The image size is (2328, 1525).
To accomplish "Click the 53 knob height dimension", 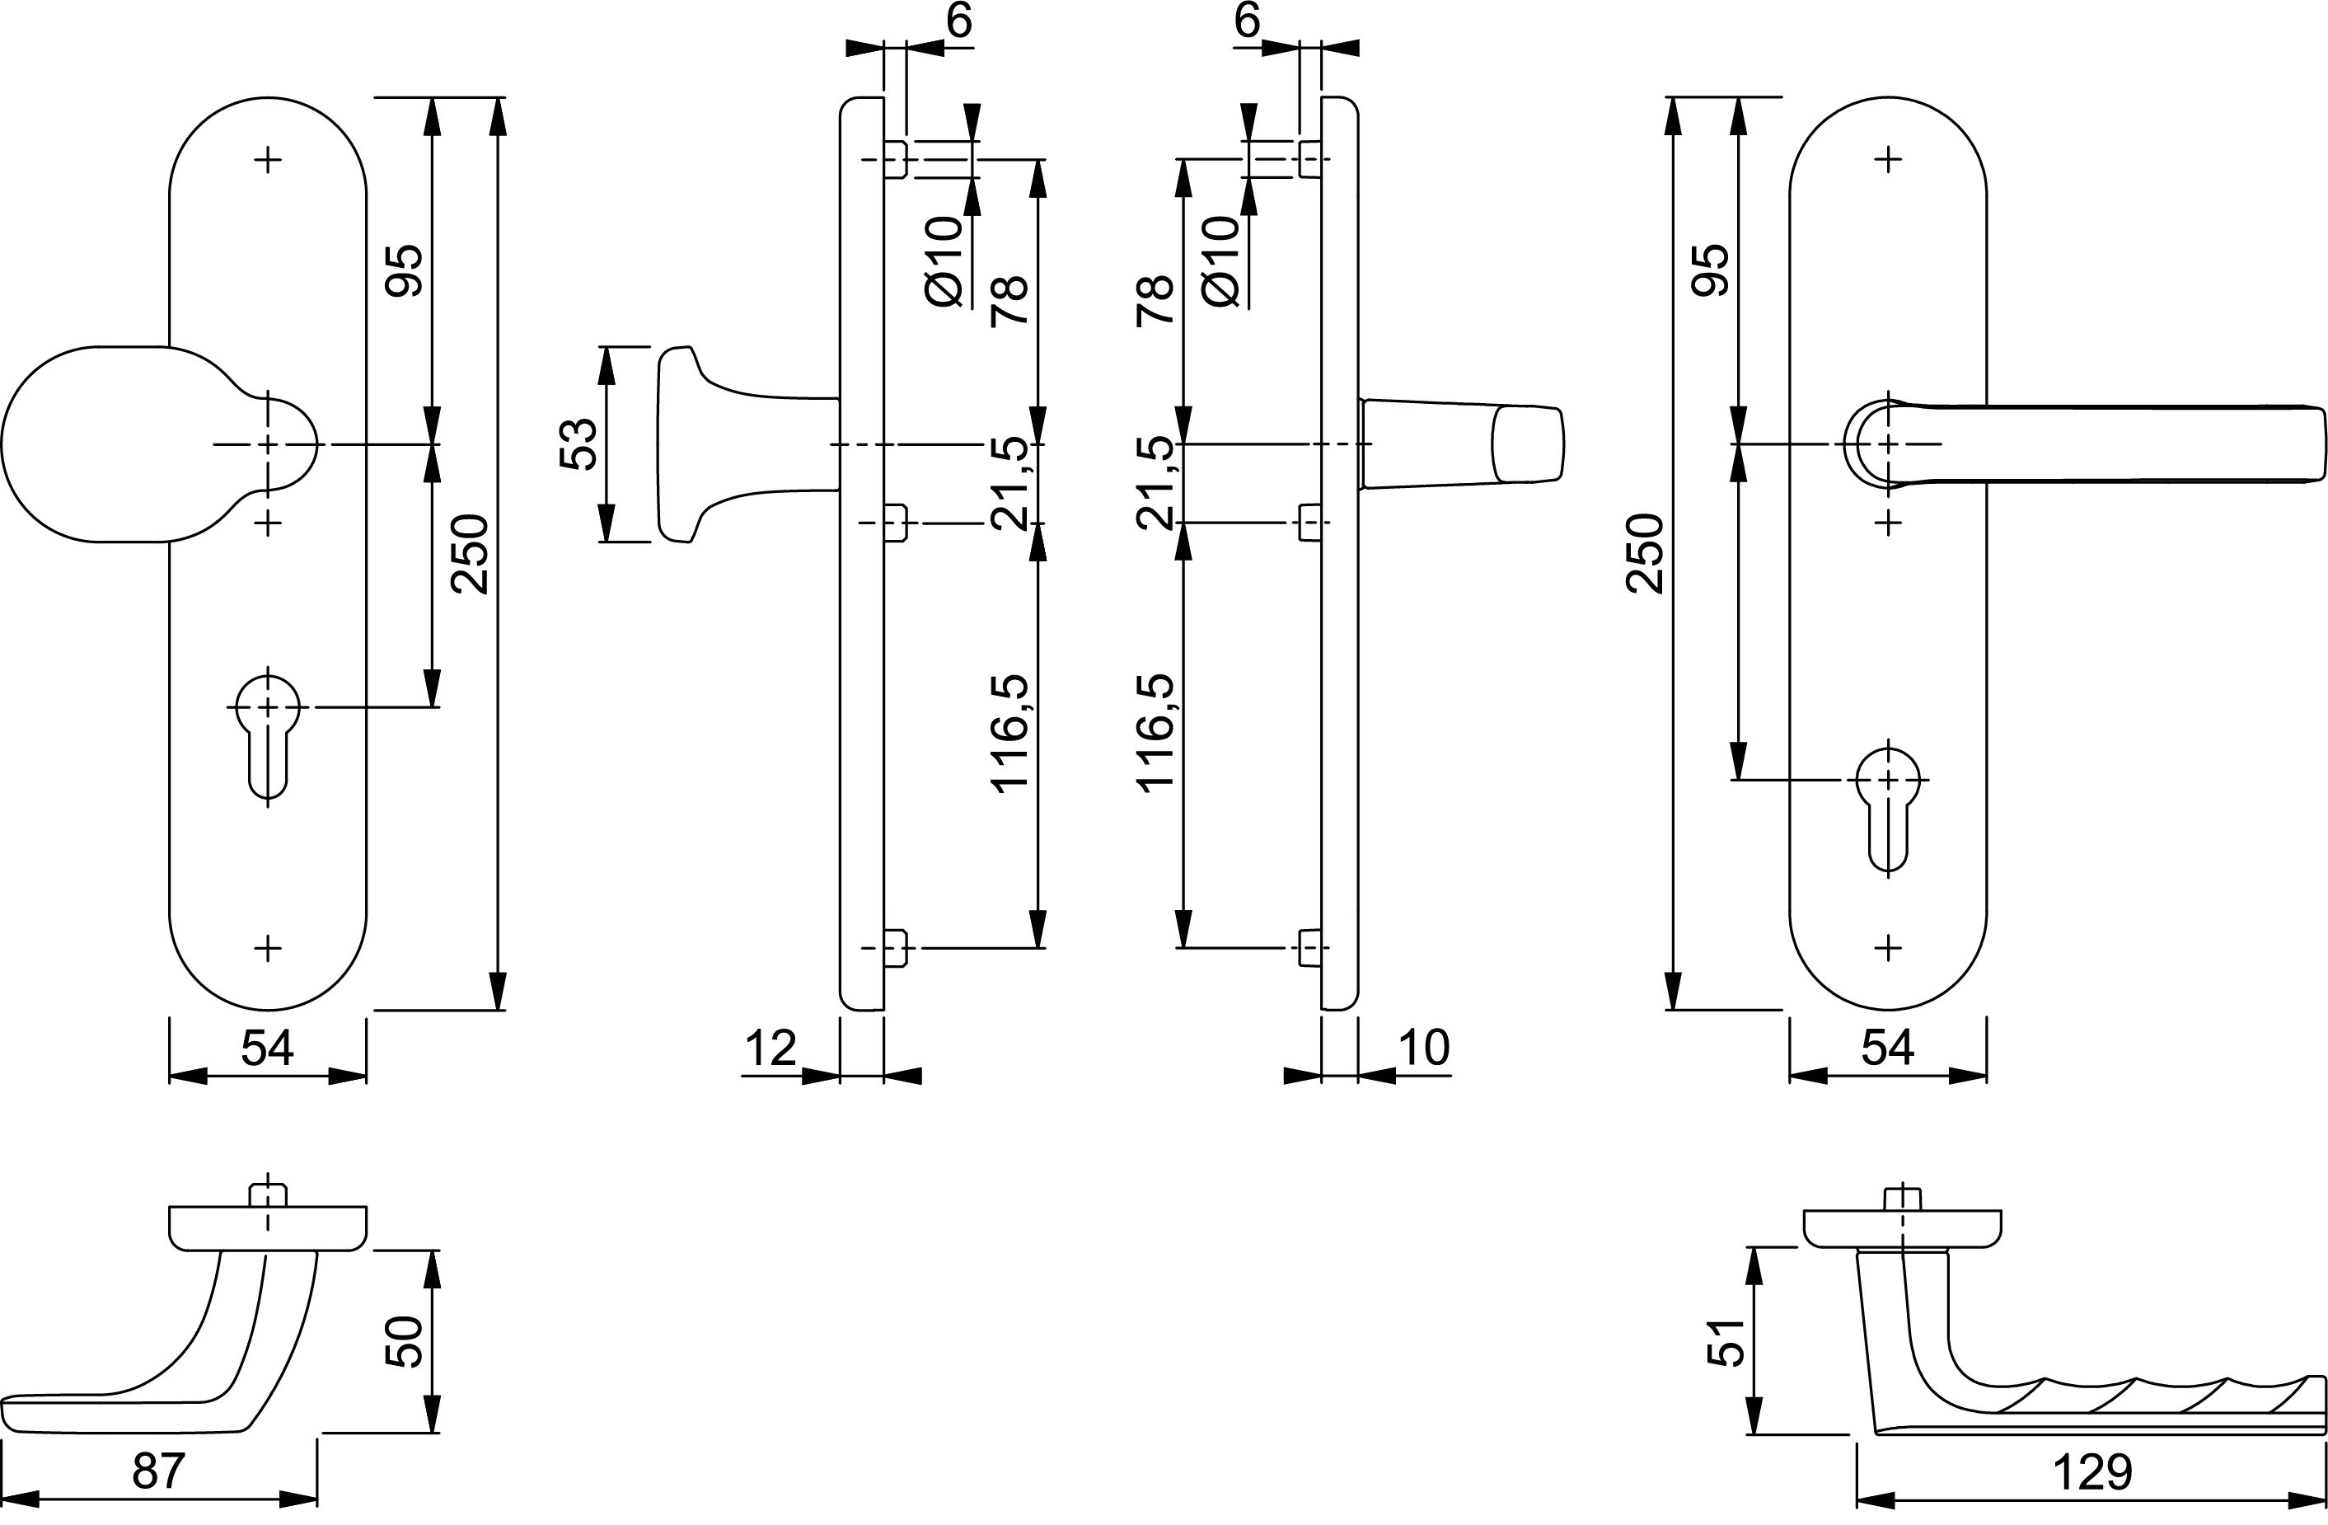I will click(x=579, y=444).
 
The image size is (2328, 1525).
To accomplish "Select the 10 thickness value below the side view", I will click(x=1423, y=1049).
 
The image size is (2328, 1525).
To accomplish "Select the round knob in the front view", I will click(x=108, y=444).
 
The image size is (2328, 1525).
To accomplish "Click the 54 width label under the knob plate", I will click(x=267, y=1049).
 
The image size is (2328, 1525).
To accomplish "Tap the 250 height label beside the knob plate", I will click(x=471, y=554).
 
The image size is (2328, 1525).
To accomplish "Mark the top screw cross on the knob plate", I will click(x=268, y=159).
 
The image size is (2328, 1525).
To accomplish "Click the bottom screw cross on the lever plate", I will click(x=1888, y=947).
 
